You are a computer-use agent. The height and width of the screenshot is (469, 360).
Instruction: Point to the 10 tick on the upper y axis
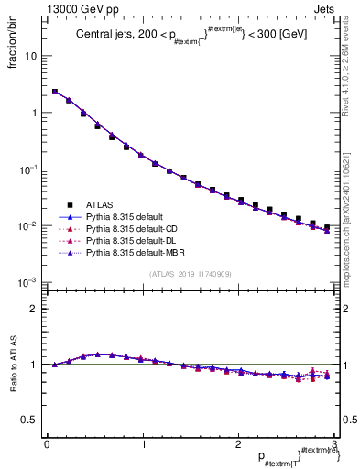(30, 56)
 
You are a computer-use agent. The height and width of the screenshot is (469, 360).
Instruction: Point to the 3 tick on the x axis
(334, 445)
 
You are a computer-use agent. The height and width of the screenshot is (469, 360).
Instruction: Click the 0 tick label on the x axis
(47, 445)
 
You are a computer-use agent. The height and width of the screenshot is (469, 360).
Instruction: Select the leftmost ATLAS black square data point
(55, 92)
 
